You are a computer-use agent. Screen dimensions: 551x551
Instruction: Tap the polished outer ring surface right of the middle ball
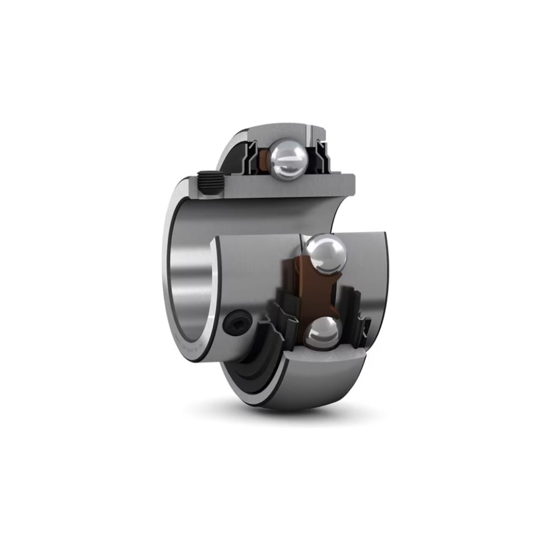[366, 264]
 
